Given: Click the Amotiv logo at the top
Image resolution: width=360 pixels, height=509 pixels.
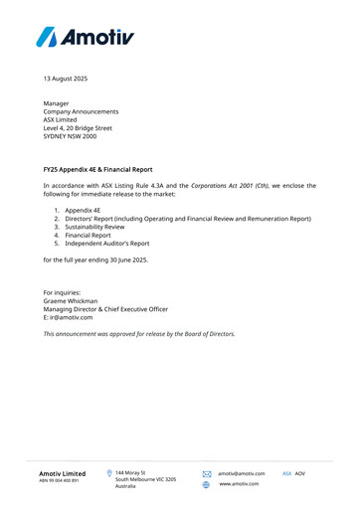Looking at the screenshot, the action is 84,37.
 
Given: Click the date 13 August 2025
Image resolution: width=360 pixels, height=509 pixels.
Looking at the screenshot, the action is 66,78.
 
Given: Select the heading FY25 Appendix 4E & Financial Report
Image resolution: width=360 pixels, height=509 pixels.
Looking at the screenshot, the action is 97,170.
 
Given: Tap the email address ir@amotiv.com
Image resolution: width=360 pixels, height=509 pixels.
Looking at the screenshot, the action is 69,317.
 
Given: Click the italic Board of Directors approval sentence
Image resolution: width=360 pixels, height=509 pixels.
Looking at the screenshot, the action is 139,334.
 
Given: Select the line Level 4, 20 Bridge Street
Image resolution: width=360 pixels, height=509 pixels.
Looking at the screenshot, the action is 78,128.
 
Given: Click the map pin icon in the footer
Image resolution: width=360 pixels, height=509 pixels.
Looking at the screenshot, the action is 108,473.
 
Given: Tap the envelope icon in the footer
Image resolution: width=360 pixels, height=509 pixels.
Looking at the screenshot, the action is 207,474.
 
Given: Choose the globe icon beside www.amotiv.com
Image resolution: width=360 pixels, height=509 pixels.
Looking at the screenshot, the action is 207,484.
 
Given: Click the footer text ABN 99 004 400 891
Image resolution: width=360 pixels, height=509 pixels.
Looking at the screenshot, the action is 59,481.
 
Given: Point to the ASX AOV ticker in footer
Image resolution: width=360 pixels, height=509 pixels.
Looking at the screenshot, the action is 293,473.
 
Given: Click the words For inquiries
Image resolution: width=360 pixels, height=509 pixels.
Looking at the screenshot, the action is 62,292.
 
